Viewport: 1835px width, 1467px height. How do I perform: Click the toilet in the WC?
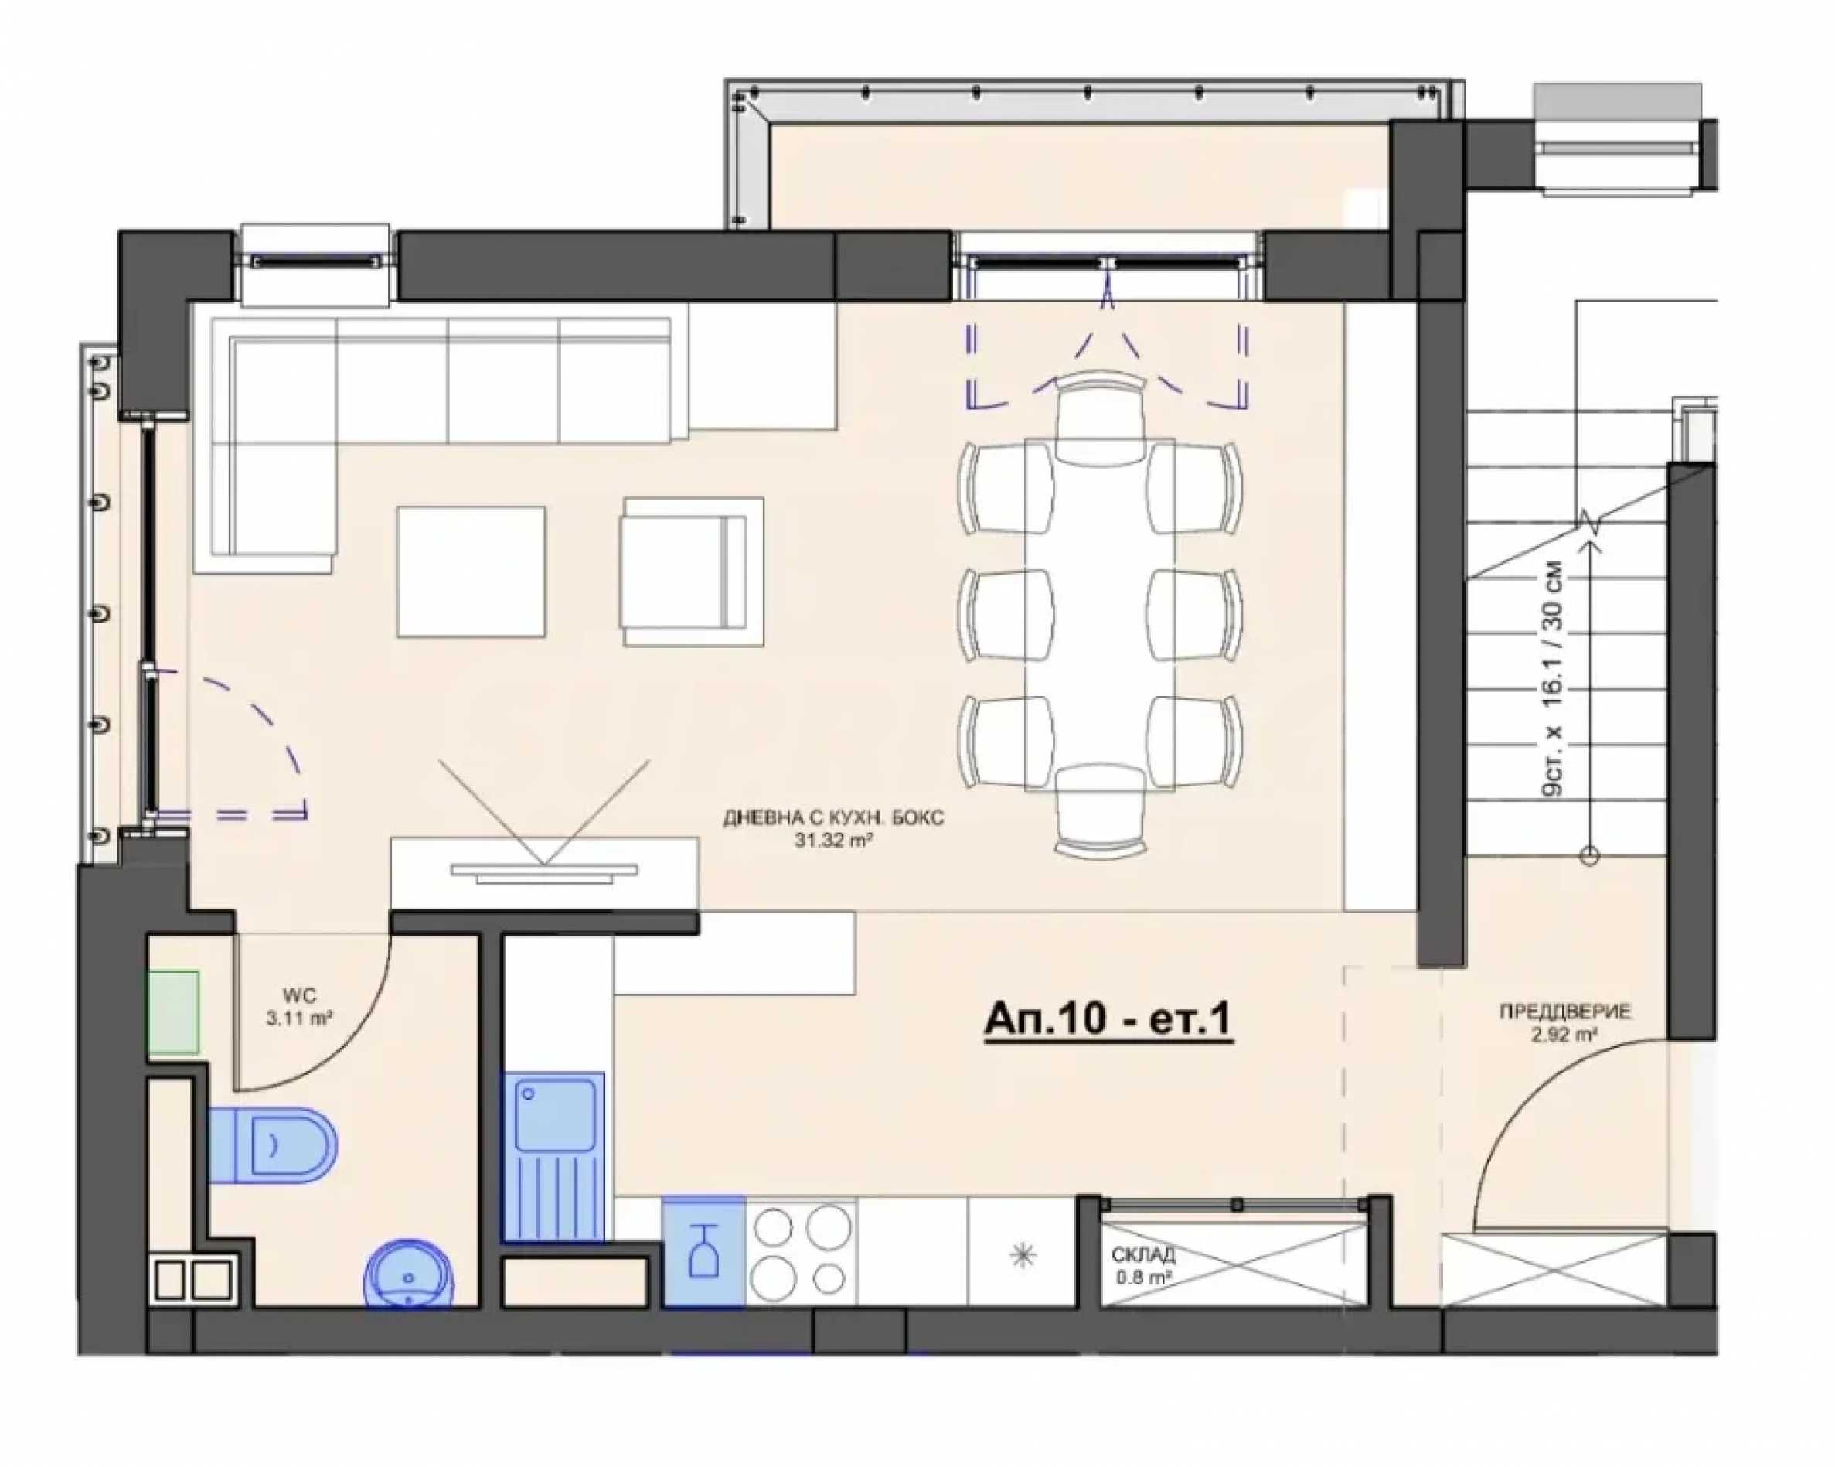[271, 1145]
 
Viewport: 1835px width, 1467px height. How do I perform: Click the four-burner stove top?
[801, 1250]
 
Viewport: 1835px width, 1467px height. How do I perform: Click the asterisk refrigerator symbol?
[1022, 1255]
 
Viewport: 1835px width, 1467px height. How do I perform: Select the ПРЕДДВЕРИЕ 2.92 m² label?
[1565, 1022]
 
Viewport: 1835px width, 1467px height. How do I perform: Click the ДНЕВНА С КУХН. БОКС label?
[834, 818]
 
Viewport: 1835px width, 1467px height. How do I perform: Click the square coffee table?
[471, 571]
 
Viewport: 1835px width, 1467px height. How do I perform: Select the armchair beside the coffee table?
[692, 572]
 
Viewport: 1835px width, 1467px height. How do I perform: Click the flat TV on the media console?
[544, 872]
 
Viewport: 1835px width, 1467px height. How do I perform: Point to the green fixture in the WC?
[174, 1012]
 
